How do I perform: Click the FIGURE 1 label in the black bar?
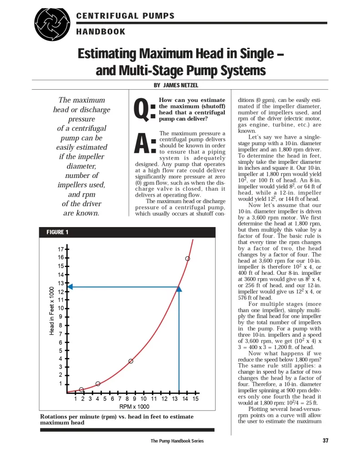point(57,233)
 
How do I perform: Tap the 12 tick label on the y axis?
point(61,292)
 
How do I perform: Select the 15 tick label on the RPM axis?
point(195,399)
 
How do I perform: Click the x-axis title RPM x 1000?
point(134,406)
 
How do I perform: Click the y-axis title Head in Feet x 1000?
point(51,311)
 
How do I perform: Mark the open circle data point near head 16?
point(188,258)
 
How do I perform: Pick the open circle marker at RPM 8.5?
point(131,361)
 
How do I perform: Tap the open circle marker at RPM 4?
point(98,384)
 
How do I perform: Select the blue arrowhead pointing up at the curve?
point(179,288)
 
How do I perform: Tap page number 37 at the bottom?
point(325,441)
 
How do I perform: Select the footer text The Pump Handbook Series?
point(177,441)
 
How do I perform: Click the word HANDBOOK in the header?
point(101,32)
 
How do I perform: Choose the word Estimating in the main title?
point(107,54)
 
